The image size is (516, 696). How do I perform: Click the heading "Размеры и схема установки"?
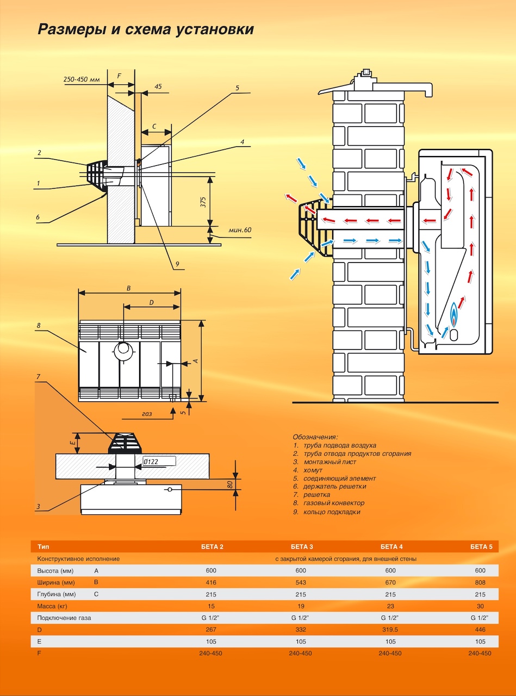(146, 29)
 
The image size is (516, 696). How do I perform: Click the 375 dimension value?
(203, 202)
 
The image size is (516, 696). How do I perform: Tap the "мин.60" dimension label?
(240, 230)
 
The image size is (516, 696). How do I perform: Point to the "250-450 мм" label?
(82, 79)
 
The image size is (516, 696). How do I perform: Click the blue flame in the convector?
(453, 318)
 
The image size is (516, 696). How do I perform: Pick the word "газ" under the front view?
(147, 413)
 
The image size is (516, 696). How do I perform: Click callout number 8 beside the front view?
(39, 325)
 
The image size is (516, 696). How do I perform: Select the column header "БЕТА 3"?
(302, 546)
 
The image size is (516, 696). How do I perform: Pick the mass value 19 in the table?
(300, 606)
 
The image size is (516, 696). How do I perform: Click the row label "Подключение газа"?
(64, 618)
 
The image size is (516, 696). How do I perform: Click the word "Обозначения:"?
(315, 437)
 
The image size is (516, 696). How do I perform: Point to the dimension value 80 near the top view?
(230, 483)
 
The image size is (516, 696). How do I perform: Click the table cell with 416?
(212, 582)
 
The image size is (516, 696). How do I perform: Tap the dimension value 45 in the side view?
(158, 86)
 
